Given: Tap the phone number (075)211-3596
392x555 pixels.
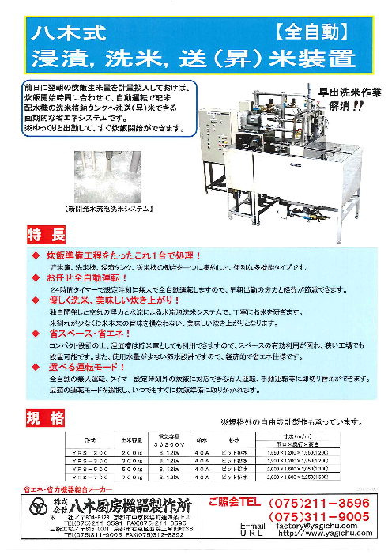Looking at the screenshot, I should (x=321, y=502).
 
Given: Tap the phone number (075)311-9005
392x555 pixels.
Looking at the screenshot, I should (x=321, y=517).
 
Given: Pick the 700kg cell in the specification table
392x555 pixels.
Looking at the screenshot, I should (x=131, y=476).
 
